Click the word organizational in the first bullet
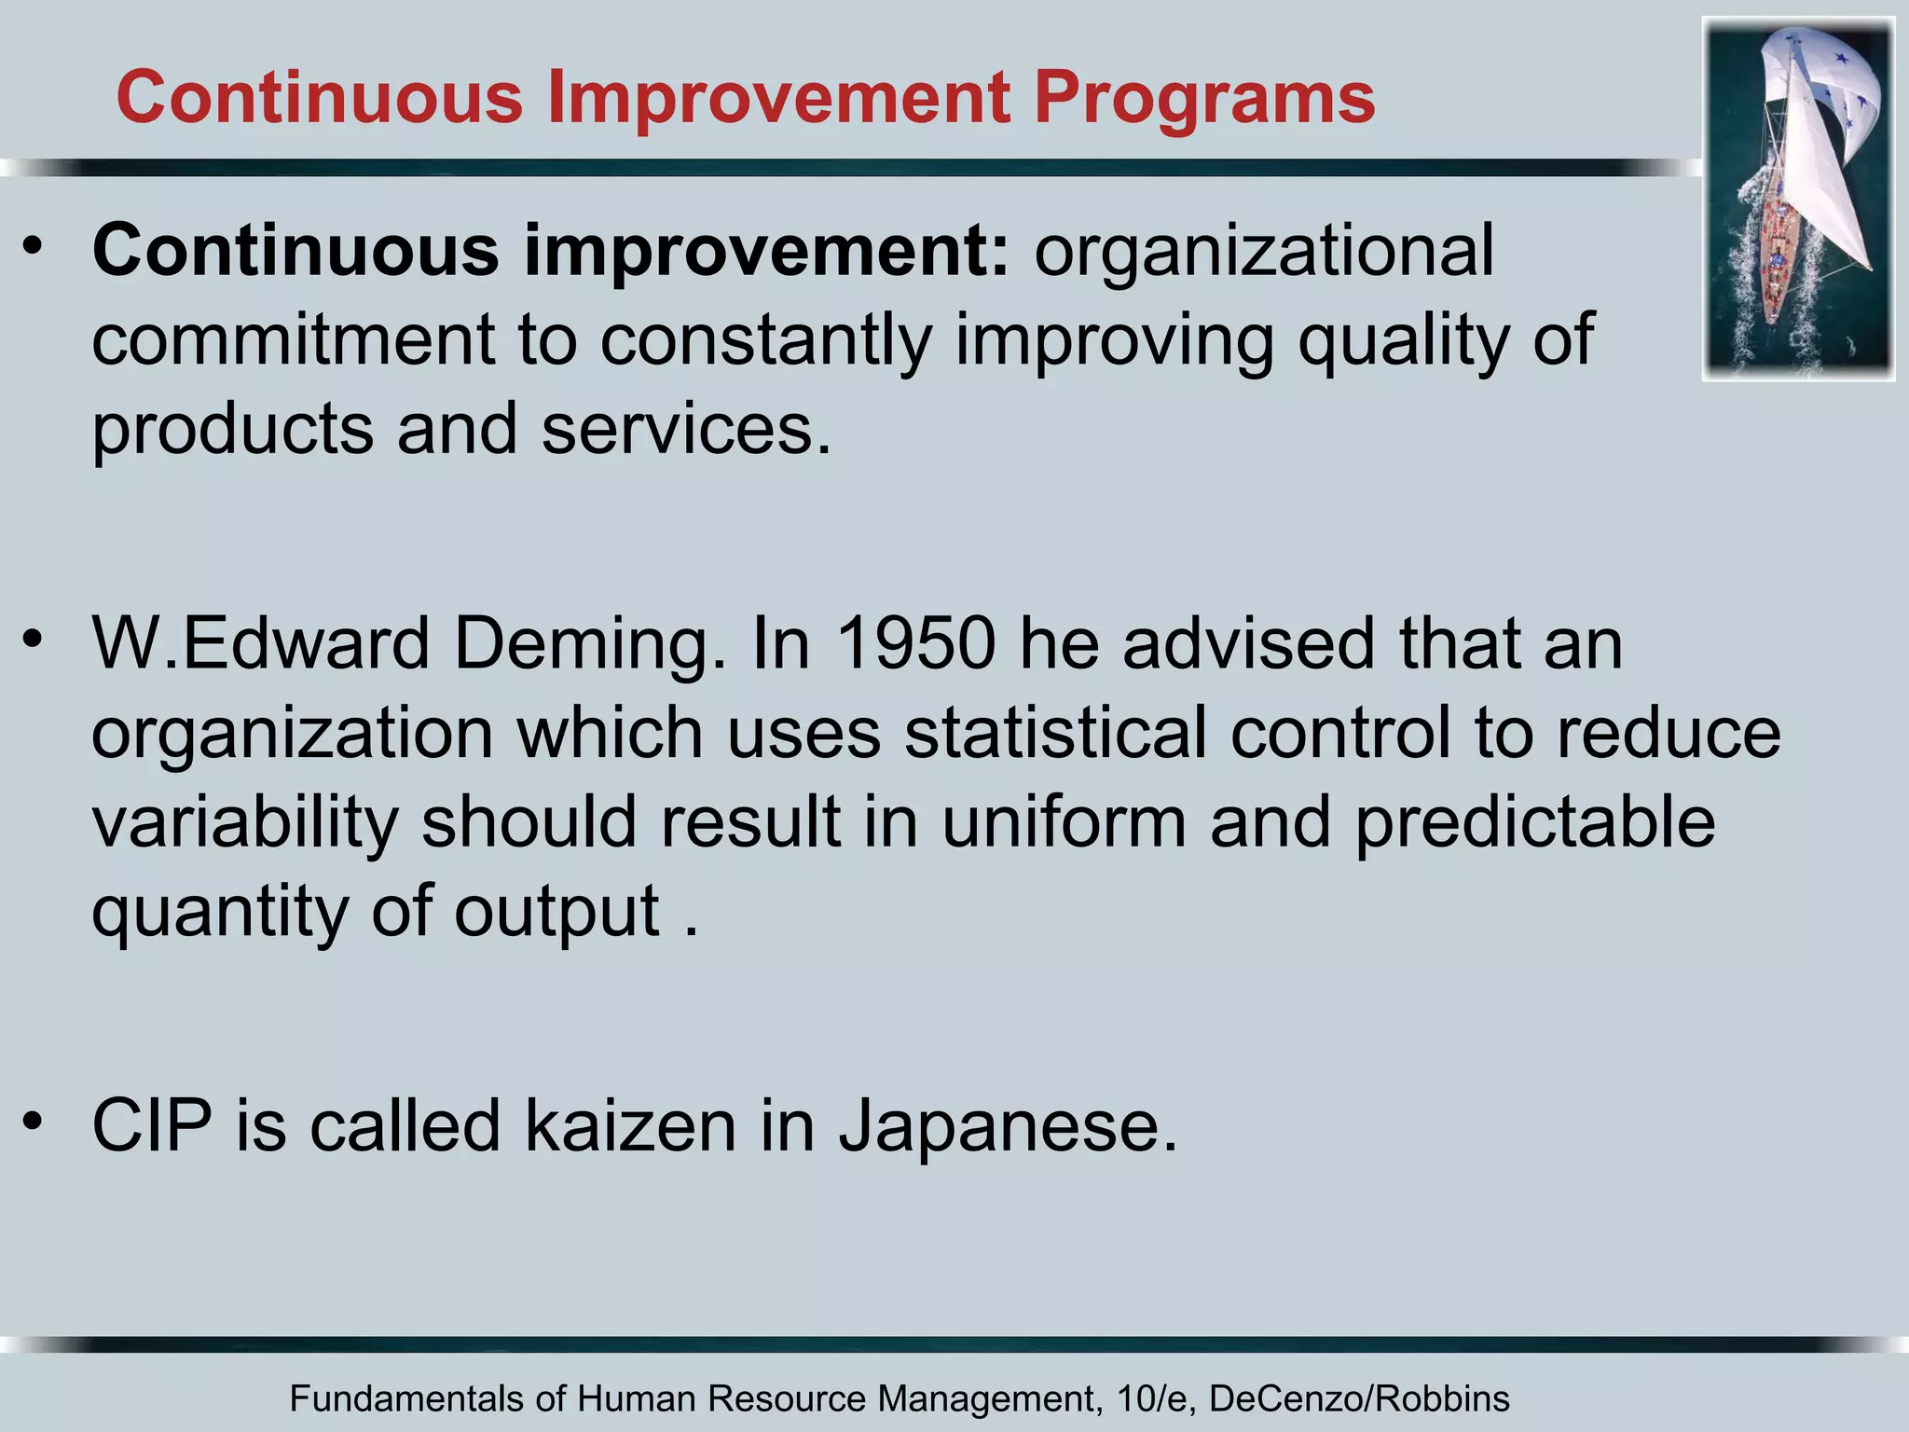(1264, 252)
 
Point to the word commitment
(293, 339)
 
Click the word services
(686, 429)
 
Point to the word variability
(245, 824)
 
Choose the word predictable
(1534, 822)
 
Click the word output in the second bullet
(557, 912)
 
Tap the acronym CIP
(152, 1126)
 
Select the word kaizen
(631, 1126)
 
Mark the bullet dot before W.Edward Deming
(34, 639)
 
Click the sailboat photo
(1798, 199)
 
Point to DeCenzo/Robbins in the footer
(1359, 1399)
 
